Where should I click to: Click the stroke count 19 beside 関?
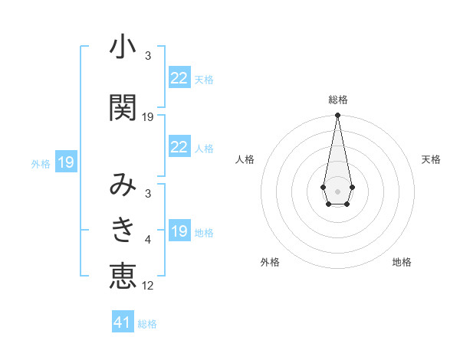[x=148, y=117]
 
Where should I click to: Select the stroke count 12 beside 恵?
[x=148, y=286]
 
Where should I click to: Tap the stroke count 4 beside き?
[x=148, y=241]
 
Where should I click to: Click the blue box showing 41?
[x=123, y=322]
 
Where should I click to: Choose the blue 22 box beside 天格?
[x=179, y=77]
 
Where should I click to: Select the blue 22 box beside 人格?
[x=179, y=147]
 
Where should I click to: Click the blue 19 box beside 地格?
[x=179, y=231]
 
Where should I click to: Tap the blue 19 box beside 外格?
[x=65, y=162]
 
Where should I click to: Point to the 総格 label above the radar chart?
[x=337, y=100]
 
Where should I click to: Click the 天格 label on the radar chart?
[x=431, y=159]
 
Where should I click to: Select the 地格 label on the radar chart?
[x=402, y=262]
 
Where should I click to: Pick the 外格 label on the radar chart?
[x=270, y=262]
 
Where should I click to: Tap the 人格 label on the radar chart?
[x=245, y=159]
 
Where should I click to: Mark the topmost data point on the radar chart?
[x=337, y=116]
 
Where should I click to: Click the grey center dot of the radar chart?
[x=337, y=190]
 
